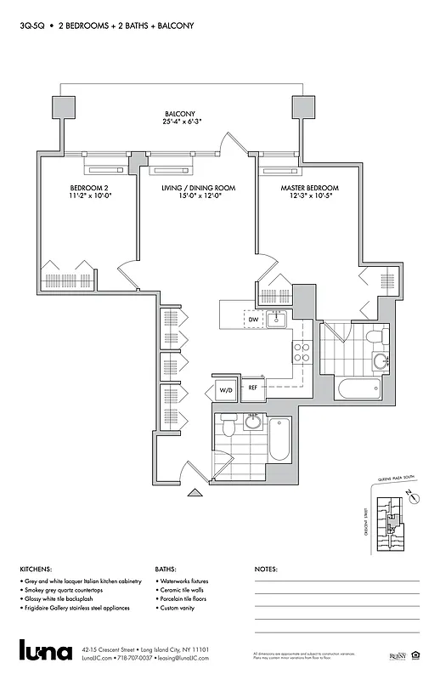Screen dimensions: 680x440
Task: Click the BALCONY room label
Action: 180,114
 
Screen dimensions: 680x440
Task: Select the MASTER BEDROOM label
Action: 309,188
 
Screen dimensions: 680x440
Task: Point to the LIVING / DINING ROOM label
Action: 198,188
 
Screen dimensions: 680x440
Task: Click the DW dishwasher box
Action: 253,319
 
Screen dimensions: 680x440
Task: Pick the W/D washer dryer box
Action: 226,390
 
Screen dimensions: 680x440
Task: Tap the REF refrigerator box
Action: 252,388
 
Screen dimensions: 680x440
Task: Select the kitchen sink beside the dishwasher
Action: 276,320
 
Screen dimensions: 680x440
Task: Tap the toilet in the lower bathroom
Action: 225,428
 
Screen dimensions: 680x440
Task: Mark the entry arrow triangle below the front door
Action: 196,490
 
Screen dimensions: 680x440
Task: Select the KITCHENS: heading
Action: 36,569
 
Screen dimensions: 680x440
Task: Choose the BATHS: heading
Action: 166,569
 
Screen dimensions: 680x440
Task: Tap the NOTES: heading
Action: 266,569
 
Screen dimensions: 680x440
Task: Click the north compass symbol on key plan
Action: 411,498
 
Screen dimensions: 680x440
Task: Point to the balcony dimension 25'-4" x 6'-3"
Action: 180,122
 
